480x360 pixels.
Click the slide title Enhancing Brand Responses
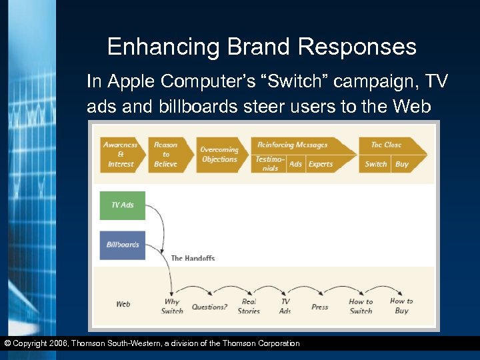point(261,47)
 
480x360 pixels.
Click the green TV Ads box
point(123,205)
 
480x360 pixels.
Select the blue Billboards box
point(123,245)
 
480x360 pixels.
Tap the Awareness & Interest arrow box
point(121,154)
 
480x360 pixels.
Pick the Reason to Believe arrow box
point(167,154)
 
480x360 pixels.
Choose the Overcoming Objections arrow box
point(220,155)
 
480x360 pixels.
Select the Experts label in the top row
point(321,164)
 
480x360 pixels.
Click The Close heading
point(387,145)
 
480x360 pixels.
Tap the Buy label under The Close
point(402,164)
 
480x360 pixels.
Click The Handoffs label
point(193,258)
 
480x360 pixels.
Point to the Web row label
point(123,304)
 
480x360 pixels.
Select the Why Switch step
point(172,306)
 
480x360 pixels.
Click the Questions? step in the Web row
point(209,307)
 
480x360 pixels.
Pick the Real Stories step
point(249,306)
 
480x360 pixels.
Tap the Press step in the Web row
point(320,307)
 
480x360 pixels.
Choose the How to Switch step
point(361,306)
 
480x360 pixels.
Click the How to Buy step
point(401,305)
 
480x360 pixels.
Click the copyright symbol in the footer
point(7,343)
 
